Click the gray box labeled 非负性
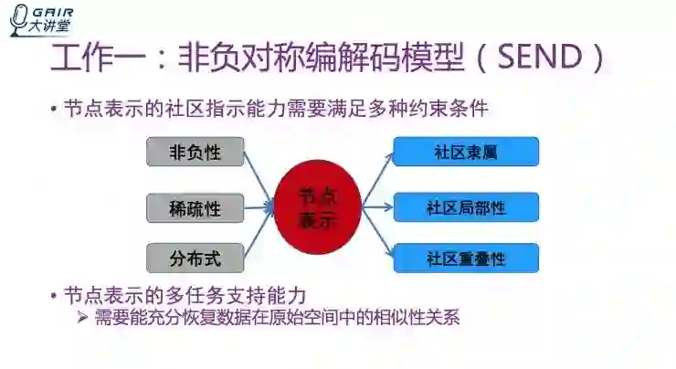pyautogui.click(x=195, y=153)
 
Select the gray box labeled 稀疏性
pyautogui.click(x=195, y=208)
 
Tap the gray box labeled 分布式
pyautogui.click(x=195, y=257)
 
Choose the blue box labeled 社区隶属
pyautogui.click(x=466, y=152)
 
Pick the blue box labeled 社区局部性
pyautogui.click(x=466, y=207)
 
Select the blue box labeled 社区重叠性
pyautogui.click(x=466, y=258)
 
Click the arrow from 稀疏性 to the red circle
pyautogui.click(x=259, y=208)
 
